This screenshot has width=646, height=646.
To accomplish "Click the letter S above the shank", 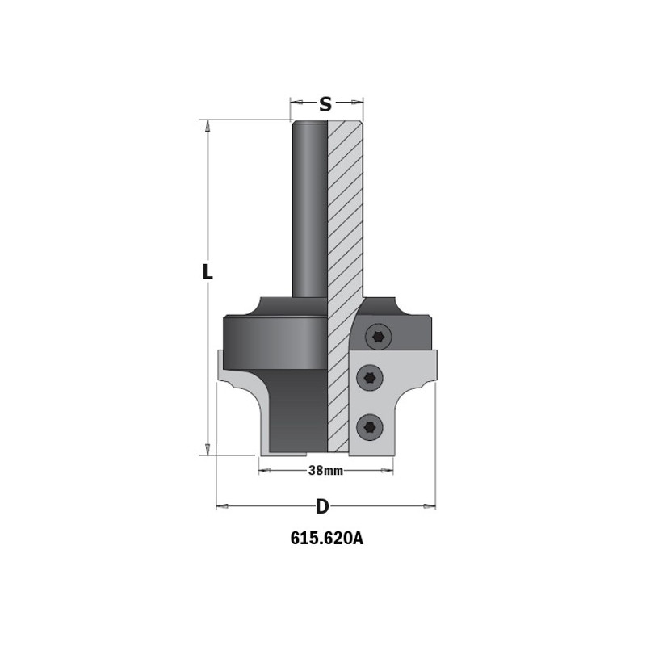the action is tap(325, 104).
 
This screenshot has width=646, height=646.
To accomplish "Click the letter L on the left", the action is tap(208, 271).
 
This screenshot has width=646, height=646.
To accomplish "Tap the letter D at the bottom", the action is tap(322, 506).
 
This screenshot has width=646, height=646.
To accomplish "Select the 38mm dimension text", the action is tap(325, 471).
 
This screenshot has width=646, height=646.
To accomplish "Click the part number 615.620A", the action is tap(327, 539).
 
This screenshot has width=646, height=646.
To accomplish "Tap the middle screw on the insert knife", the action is tap(370, 377).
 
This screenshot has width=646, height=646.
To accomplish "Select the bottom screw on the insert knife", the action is tap(370, 428).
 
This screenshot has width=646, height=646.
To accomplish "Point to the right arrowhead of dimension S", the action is tap(357, 102).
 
